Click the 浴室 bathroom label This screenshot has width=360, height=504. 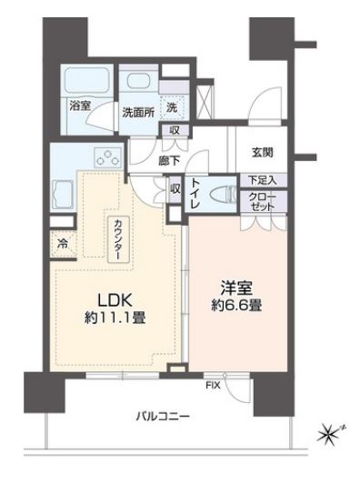pos(79,106)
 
